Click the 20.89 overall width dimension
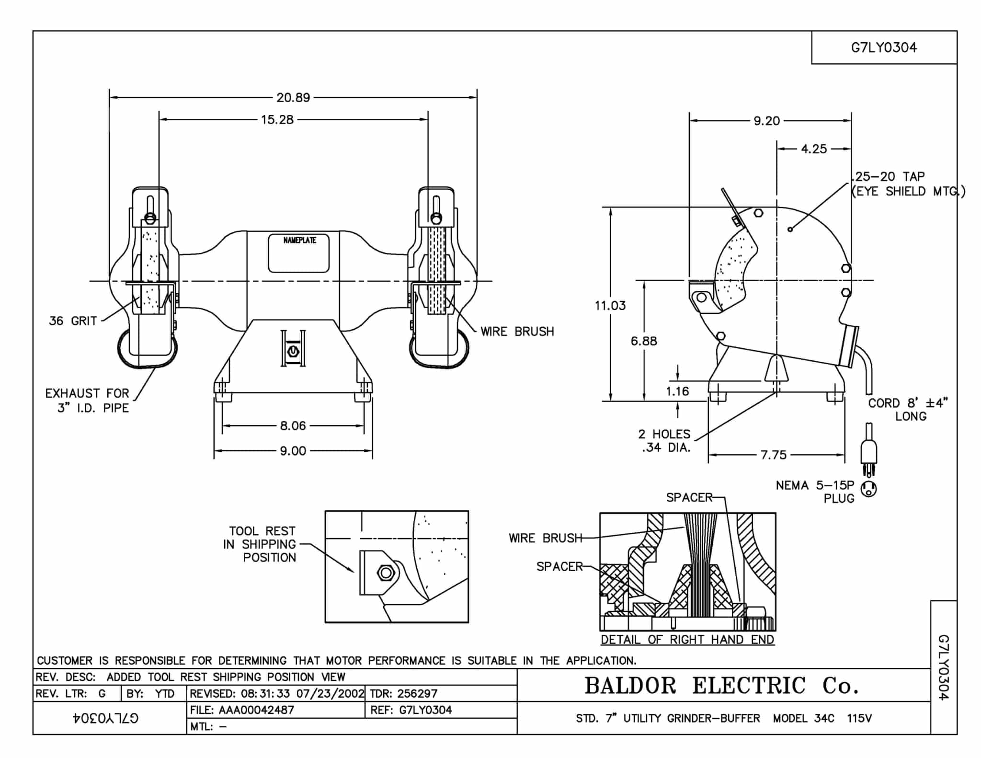pyautogui.click(x=293, y=98)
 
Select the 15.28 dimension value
pyautogui.click(x=277, y=119)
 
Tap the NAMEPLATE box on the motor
pyautogui.click(x=299, y=253)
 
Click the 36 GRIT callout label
pyautogui.click(x=73, y=321)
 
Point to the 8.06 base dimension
pyautogui.click(x=293, y=425)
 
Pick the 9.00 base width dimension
pyautogui.click(x=293, y=451)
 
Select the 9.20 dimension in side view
pyautogui.click(x=766, y=121)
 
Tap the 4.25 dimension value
pyautogui.click(x=814, y=149)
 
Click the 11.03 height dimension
pyautogui.click(x=610, y=305)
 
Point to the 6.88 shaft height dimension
pyautogui.click(x=644, y=341)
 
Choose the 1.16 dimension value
pyautogui.click(x=677, y=391)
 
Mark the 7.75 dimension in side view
pyautogui.click(x=774, y=455)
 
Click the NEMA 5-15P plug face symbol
pyautogui.click(x=869, y=489)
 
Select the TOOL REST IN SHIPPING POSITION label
pyautogui.click(x=260, y=544)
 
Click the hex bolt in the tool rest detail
pyautogui.click(x=386, y=572)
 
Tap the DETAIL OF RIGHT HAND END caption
pyautogui.click(x=687, y=640)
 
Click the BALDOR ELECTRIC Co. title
pyautogui.click(x=722, y=686)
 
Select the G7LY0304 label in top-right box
pyautogui.click(x=884, y=47)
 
